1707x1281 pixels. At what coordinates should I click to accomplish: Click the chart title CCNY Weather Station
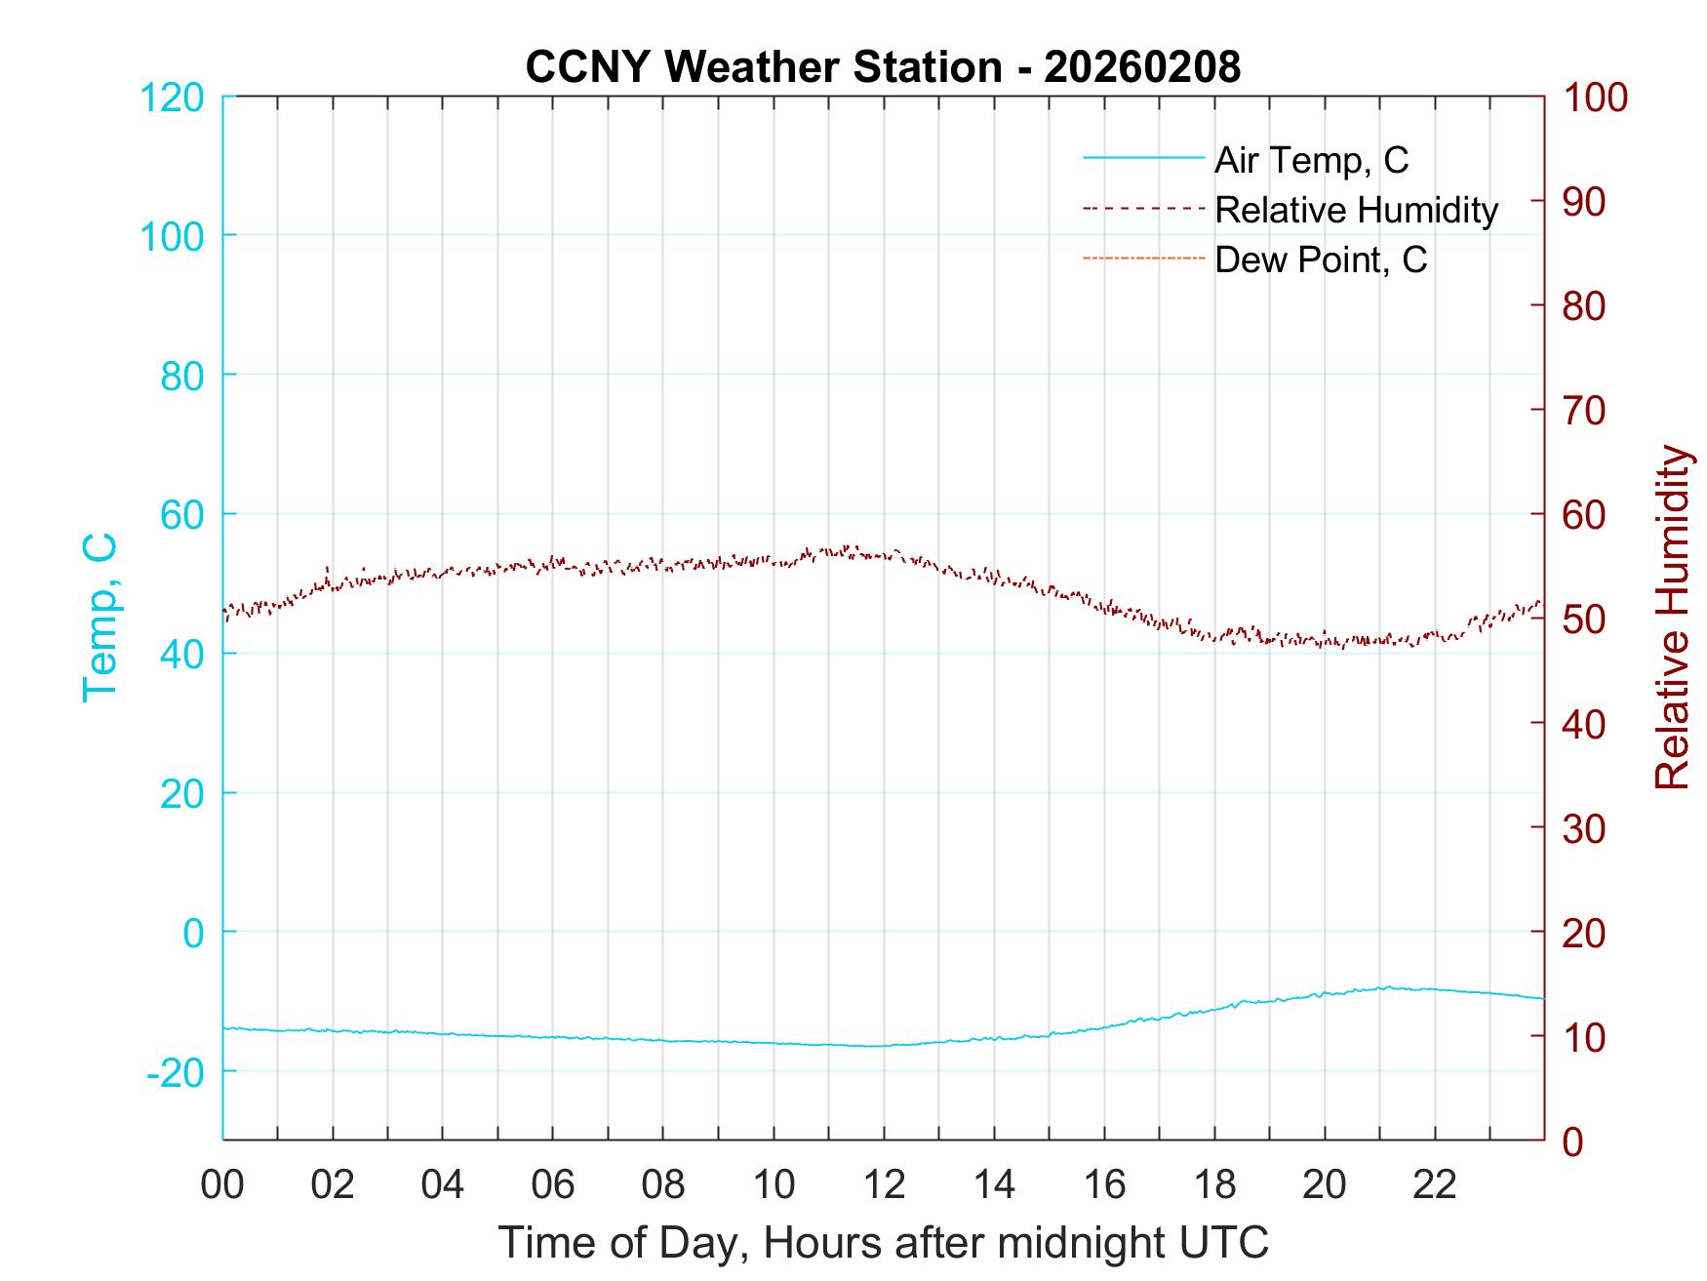(x=883, y=67)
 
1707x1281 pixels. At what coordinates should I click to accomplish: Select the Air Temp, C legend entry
(x=1311, y=160)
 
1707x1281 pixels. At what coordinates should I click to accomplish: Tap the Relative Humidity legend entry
(x=1356, y=210)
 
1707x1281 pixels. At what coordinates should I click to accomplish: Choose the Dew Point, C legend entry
(x=1321, y=260)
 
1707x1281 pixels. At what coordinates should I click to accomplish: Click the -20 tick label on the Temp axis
(x=176, y=1072)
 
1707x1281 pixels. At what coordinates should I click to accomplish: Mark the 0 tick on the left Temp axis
(x=194, y=933)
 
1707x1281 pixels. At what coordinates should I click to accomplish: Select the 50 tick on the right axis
(x=1585, y=620)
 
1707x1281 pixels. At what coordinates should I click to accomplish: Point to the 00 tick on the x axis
(x=222, y=1185)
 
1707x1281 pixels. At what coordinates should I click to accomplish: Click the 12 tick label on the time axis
(x=884, y=1185)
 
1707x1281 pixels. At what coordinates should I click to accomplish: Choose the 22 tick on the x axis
(x=1435, y=1185)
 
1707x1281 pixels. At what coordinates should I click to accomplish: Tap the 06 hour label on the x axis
(x=553, y=1185)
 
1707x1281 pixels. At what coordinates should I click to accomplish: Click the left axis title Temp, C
(x=99, y=618)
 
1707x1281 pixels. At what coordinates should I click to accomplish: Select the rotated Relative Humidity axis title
(x=1672, y=618)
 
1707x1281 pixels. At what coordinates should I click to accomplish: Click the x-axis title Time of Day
(x=883, y=1243)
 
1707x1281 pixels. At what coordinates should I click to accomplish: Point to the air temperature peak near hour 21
(x=1386, y=986)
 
